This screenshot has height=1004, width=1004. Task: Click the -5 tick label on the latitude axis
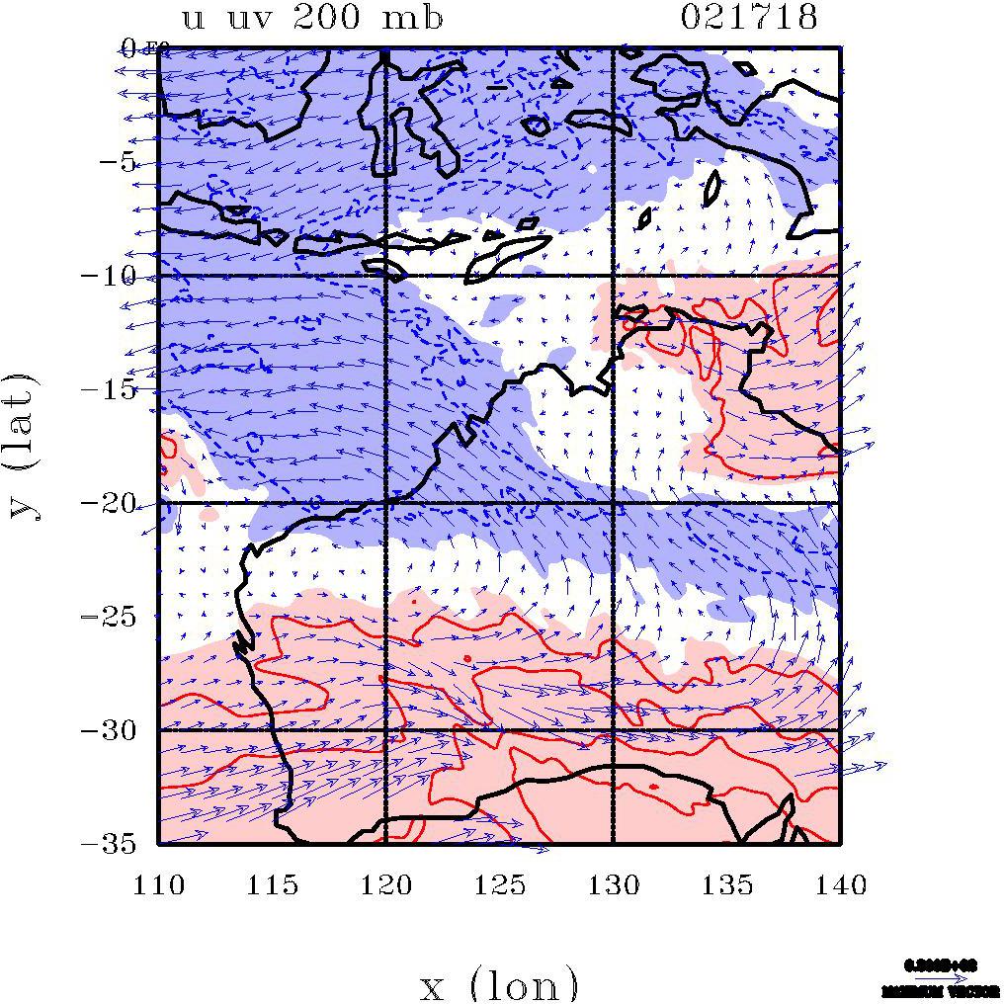click(x=122, y=162)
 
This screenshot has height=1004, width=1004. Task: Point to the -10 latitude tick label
click(x=117, y=276)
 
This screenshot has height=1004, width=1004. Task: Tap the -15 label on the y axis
click(x=117, y=389)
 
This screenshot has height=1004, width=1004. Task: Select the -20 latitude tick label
click(x=117, y=503)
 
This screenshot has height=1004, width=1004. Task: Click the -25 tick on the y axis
click(x=117, y=617)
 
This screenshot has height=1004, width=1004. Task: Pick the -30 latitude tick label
click(x=117, y=730)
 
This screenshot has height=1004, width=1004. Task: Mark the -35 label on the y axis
click(x=117, y=844)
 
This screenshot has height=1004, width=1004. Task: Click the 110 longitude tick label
click(x=159, y=884)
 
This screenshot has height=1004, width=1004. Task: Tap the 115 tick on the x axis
click(x=273, y=884)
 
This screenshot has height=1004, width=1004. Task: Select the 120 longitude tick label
click(x=386, y=884)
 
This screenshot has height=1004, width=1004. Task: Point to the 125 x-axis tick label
click(x=500, y=884)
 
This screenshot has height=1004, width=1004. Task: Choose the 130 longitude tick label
click(x=614, y=884)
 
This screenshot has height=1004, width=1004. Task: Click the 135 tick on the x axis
click(x=727, y=884)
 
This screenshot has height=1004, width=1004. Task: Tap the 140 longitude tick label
click(x=841, y=884)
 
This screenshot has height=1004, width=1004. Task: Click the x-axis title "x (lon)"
click(x=500, y=984)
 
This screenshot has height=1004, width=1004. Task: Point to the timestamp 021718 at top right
click(x=750, y=18)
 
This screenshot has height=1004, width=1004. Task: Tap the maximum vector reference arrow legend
click(x=940, y=978)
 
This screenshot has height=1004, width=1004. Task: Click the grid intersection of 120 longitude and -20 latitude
click(x=385, y=503)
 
